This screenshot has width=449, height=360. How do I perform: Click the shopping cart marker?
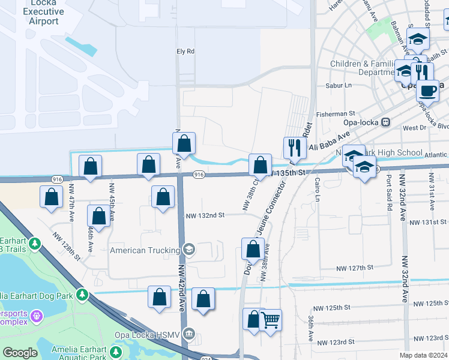pyautogui.click(x=271, y=322)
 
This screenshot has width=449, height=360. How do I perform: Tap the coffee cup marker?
pyautogui.click(x=427, y=91)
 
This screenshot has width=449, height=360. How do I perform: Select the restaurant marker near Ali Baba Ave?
pyautogui.click(x=294, y=148)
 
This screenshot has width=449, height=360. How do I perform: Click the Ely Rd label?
pyautogui.click(x=186, y=52)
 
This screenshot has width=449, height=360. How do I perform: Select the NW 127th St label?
pyautogui.click(x=355, y=268)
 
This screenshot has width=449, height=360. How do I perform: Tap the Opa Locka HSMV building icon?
pyautogui.click(x=189, y=333)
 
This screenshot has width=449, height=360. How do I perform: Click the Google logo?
pyautogui.click(x=20, y=353)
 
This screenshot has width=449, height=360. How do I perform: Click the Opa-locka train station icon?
pyautogui.click(x=386, y=122)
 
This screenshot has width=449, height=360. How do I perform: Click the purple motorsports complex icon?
pyautogui.click(x=37, y=315)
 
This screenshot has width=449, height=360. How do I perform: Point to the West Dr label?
pyautogui.click(x=414, y=128)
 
